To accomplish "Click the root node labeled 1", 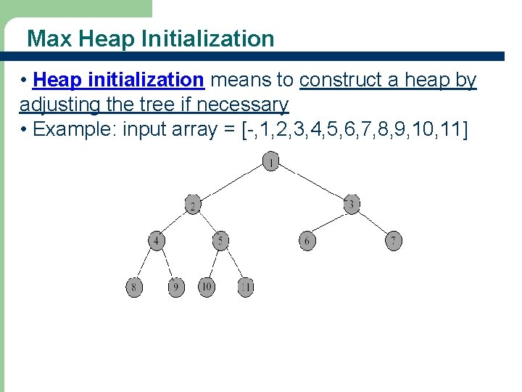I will tap(270, 163).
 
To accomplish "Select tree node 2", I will tap(193, 205).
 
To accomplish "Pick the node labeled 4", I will tap(157, 241).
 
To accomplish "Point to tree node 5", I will tap(221, 240).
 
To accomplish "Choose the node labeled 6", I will tap(307, 241).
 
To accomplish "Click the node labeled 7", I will tap(393, 240).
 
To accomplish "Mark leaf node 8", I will tap(134, 287).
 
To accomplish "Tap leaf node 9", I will tap(175, 287).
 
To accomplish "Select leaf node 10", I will tap(207, 287).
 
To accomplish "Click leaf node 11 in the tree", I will tap(246, 287).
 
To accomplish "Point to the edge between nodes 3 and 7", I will tap(372, 222).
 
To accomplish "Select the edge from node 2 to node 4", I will tap(175, 224).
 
